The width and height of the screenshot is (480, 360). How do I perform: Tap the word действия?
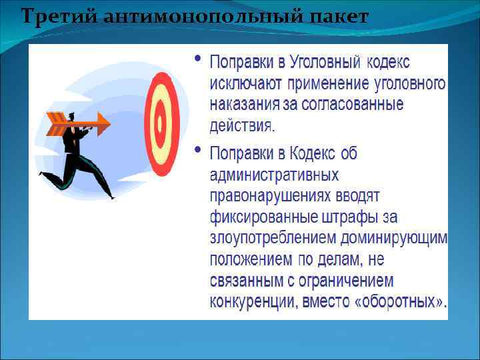coord(242,125)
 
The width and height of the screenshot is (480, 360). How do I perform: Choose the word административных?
coord(274,175)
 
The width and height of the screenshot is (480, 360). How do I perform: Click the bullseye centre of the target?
coord(160,122)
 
